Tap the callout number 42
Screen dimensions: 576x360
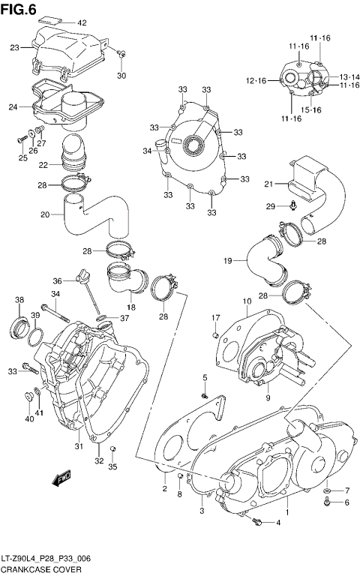(x=82, y=22)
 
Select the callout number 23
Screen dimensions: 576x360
(x=14, y=48)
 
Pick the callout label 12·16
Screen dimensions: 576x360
(x=255, y=80)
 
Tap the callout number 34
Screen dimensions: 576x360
(x=147, y=151)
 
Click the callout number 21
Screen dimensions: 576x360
(x=268, y=184)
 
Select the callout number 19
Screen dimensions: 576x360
(x=228, y=260)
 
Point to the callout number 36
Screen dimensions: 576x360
(x=57, y=282)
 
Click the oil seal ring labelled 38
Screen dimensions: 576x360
(x=20, y=326)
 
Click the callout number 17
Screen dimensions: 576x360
(x=215, y=316)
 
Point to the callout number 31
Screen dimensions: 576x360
(x=77, y=447)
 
